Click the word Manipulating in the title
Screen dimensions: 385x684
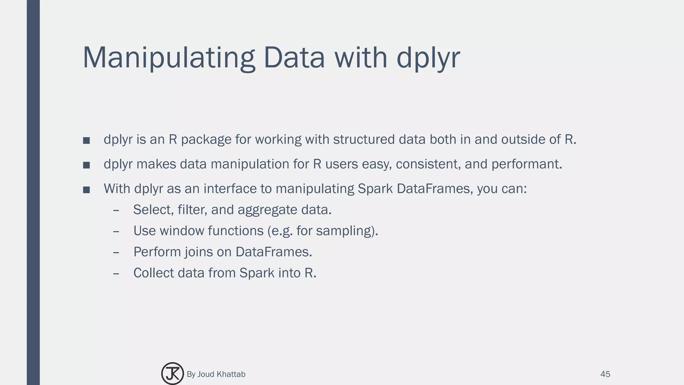[x=169, y=57]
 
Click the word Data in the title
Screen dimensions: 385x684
[x=294, y=57]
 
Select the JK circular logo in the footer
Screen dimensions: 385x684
[x=172, y=374]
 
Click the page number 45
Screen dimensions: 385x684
[x=605, y=374]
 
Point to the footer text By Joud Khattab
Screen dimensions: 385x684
[x=216, y=374]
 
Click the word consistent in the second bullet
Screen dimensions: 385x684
[x=426, y=164]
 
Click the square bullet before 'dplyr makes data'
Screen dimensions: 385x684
[x=87, y=165]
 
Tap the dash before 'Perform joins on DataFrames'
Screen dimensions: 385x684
[x=116, y=252]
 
